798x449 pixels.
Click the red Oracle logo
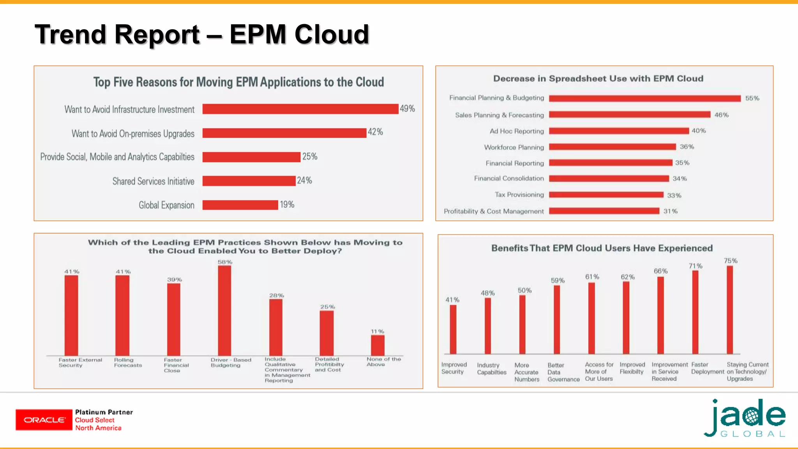(44, 420)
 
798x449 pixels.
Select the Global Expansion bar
(240, 205)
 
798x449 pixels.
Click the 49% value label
(407, 109)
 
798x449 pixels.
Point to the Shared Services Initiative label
(153, 181)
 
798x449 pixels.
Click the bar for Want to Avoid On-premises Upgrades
(284, 133)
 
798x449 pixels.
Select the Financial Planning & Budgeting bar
(644, 98)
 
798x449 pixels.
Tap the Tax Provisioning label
(519, 194)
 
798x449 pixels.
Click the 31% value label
(670, 211)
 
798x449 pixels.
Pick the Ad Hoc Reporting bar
(619, 131)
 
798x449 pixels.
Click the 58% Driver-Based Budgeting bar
(224, 310)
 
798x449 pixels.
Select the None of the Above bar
(378, 345)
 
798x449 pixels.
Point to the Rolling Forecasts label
(128, 362)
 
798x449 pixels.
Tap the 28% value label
(276, 295)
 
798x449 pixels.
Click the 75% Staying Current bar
(730, 310)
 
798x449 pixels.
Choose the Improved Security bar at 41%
(453, 329)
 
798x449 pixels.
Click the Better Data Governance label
(563, 372)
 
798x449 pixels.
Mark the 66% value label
(660, 271)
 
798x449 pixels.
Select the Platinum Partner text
(104, 412)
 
